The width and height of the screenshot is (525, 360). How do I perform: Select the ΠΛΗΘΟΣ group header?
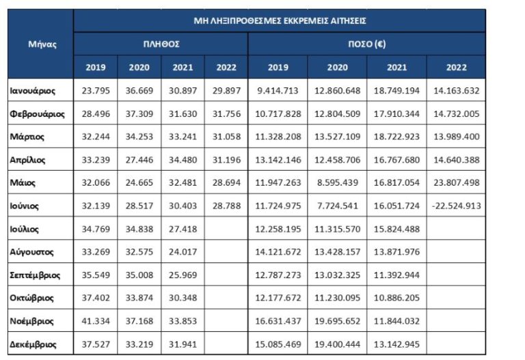click(x=161, y=44)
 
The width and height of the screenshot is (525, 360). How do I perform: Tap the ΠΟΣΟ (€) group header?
click(x=367, y=44)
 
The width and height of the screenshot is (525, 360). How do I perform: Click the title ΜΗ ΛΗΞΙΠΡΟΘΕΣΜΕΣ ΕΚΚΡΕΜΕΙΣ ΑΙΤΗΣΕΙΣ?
click(x=280, y=20)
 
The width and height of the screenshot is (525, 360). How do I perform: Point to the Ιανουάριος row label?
click(x=33, y=90)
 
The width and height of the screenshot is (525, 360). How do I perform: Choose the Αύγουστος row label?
click(x=33, y=252)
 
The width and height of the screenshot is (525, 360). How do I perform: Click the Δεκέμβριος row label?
click(x=34, y=344)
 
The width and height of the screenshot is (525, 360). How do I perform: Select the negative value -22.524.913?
click(x=456, y=206)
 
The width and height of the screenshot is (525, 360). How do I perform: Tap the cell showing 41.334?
click(x=96, y=321)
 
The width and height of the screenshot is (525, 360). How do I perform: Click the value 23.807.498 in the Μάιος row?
click(x=456, y=182)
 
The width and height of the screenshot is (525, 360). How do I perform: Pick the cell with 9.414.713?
click(x=278, y=90)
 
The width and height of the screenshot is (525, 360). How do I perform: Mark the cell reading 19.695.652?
click(x=337, y=321)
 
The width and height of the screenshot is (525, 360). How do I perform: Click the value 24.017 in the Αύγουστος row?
click(x=183, y=252)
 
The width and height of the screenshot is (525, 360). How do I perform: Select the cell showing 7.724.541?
click(x=337, y=206)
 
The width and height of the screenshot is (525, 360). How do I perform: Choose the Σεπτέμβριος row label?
click(x=36, y=275)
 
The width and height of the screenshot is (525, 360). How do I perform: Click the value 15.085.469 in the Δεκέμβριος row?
click(x=278, y=344)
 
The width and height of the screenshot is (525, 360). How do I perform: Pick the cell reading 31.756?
click(x=226, y=113)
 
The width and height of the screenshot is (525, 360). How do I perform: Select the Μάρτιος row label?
click(x=27, y=137)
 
